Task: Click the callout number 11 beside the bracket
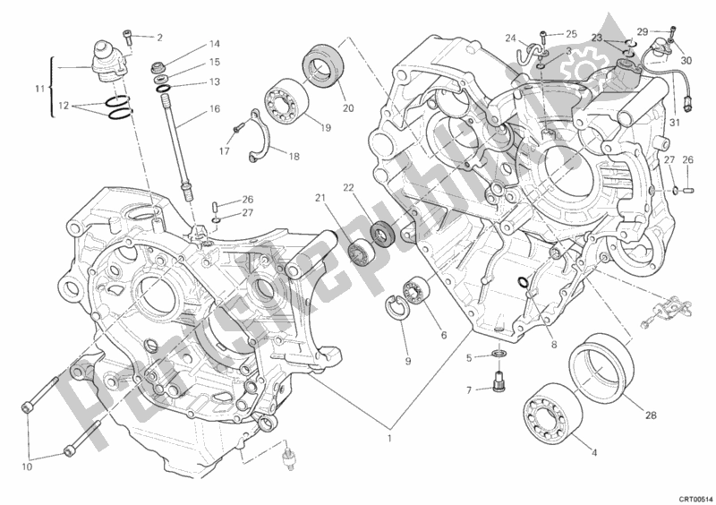pos(38,89)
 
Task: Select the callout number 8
pos(554,344)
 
